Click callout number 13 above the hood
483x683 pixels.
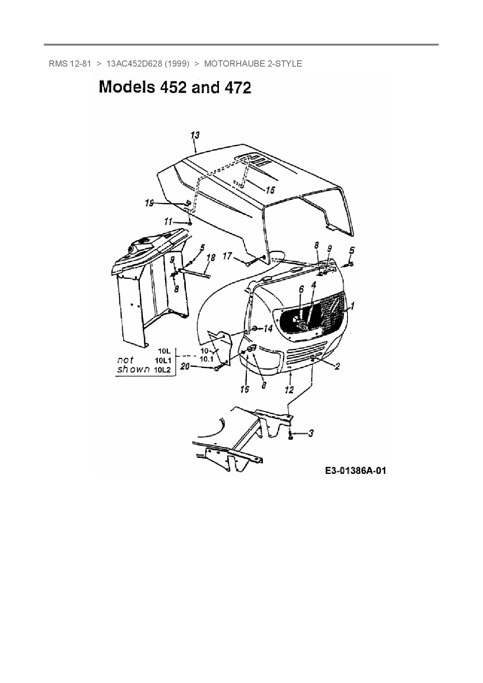[x=195, y=135]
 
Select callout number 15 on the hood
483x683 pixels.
[x=270, y=190]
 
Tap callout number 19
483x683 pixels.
[x=149, y=203]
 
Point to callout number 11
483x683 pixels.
[x=168, y=222]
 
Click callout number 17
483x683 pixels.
[x=227, y=256]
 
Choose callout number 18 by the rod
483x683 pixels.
[x=210, y=257]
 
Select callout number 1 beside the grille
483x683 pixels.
[x=352, y=306]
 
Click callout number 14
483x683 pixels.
[x=268, y=329]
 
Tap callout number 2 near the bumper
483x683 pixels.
[x=337, y=366]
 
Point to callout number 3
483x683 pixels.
[x=310, y=433]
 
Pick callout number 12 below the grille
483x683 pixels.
[x=289, y=389]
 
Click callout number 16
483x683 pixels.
[x=245, y=389]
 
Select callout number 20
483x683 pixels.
[x=185, y=366]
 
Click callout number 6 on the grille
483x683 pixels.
[x=301, y=290]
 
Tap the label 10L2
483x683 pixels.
[x=162, y=370]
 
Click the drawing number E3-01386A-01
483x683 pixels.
[x=356, y=471]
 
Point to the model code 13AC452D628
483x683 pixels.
[x=134, y=63]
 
